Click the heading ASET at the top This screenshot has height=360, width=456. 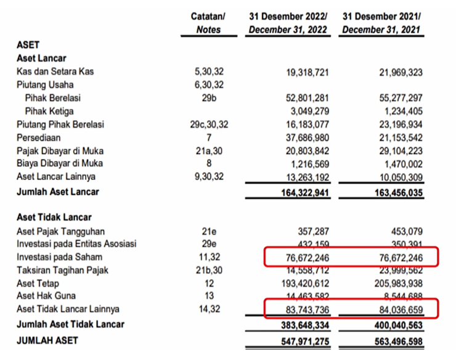tap(28, 45)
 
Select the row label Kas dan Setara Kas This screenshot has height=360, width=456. tap(55, 72)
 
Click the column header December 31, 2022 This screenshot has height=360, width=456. tap(288, 30)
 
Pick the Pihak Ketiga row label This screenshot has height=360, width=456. tap(49, 112)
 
